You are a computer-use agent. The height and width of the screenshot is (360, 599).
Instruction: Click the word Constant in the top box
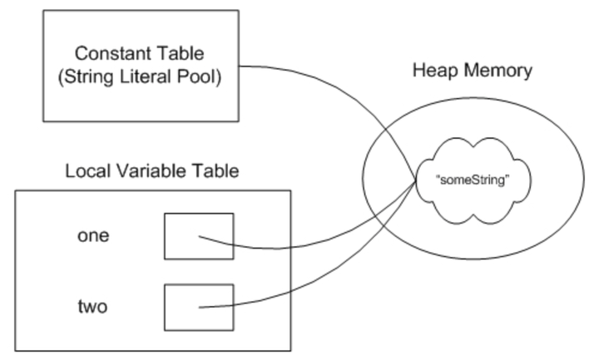pyautogui.click(x=107, y=53)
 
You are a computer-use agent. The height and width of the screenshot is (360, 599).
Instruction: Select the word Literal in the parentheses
pyautogui.click(x=145, y=76)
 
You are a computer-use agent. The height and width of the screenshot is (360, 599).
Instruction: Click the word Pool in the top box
pyautogui.click(x=199, y=76)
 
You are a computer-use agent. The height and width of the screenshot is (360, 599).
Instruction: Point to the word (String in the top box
pyautogui.click(x=86, y=76)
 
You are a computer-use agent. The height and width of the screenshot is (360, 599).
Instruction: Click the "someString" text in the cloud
pyautogui.click(x=473, y=180)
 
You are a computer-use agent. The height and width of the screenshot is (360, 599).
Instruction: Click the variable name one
pyautogui.click(x=93, y=235)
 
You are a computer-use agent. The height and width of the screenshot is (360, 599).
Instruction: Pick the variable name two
pyautogui.click(x=93, y=307)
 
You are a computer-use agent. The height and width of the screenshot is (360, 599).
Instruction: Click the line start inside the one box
pyautogui.click(x=199, y=237)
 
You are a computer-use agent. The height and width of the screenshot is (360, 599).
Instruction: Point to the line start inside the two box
pyautogui.click(x=199, y=308)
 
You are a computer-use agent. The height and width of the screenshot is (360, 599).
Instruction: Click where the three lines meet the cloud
pyautogui.click(x=416, y=180)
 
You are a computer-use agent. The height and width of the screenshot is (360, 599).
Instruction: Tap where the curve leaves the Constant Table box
pyautogui.click(x=239, y=67)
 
